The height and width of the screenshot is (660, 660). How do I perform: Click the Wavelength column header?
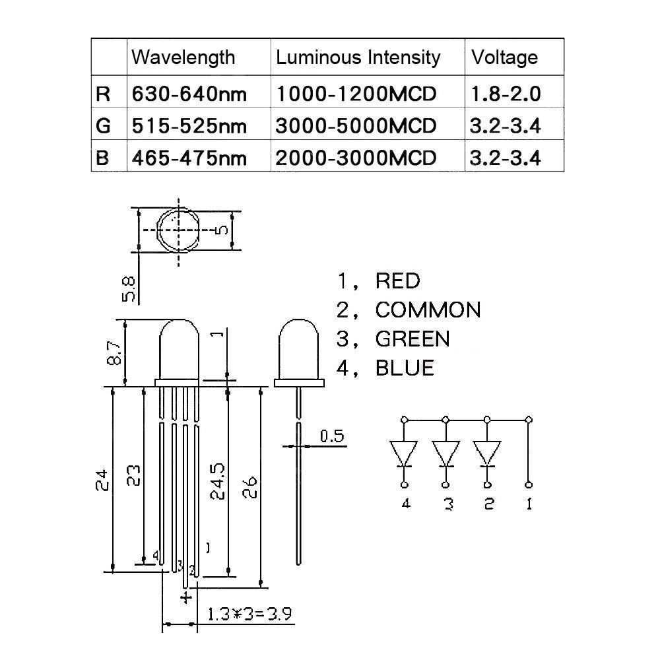(x=183, y=57)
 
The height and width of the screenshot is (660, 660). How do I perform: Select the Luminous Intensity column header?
(x=358, y=57)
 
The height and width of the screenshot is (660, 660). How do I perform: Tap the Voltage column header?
(x=504, y=57)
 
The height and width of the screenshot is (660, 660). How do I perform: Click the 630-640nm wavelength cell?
(x=189, y=94)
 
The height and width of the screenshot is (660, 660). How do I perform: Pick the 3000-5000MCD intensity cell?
(x=356, y=126)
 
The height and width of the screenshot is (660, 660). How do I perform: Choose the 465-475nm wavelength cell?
(x=189, y=158)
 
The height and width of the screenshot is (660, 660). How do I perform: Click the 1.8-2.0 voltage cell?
(x=505, y=94)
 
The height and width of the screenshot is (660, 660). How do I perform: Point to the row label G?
(x=103, y=126)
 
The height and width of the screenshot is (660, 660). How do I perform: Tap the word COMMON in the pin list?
(x=428, y=310)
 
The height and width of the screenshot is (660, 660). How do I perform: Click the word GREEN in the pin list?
(x=412, y=339)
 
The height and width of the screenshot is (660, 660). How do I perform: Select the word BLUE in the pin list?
(x=405, y=368)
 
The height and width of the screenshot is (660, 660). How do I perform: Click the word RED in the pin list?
(x=398, y=281)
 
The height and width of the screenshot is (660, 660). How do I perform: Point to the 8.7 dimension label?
(x=114, y=352)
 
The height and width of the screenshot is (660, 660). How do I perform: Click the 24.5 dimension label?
(x=218, y=482)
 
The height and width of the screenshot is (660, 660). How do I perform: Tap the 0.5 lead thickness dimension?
(x=332, y=436)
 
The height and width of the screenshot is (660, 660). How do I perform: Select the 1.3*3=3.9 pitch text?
(x=249, y=614)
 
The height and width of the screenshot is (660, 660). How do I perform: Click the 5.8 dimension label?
(x=129, y=289)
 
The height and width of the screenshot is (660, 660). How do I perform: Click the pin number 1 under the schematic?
(x=529, y=504)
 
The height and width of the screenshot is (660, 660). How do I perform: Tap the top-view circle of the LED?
(x=157, y=230)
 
